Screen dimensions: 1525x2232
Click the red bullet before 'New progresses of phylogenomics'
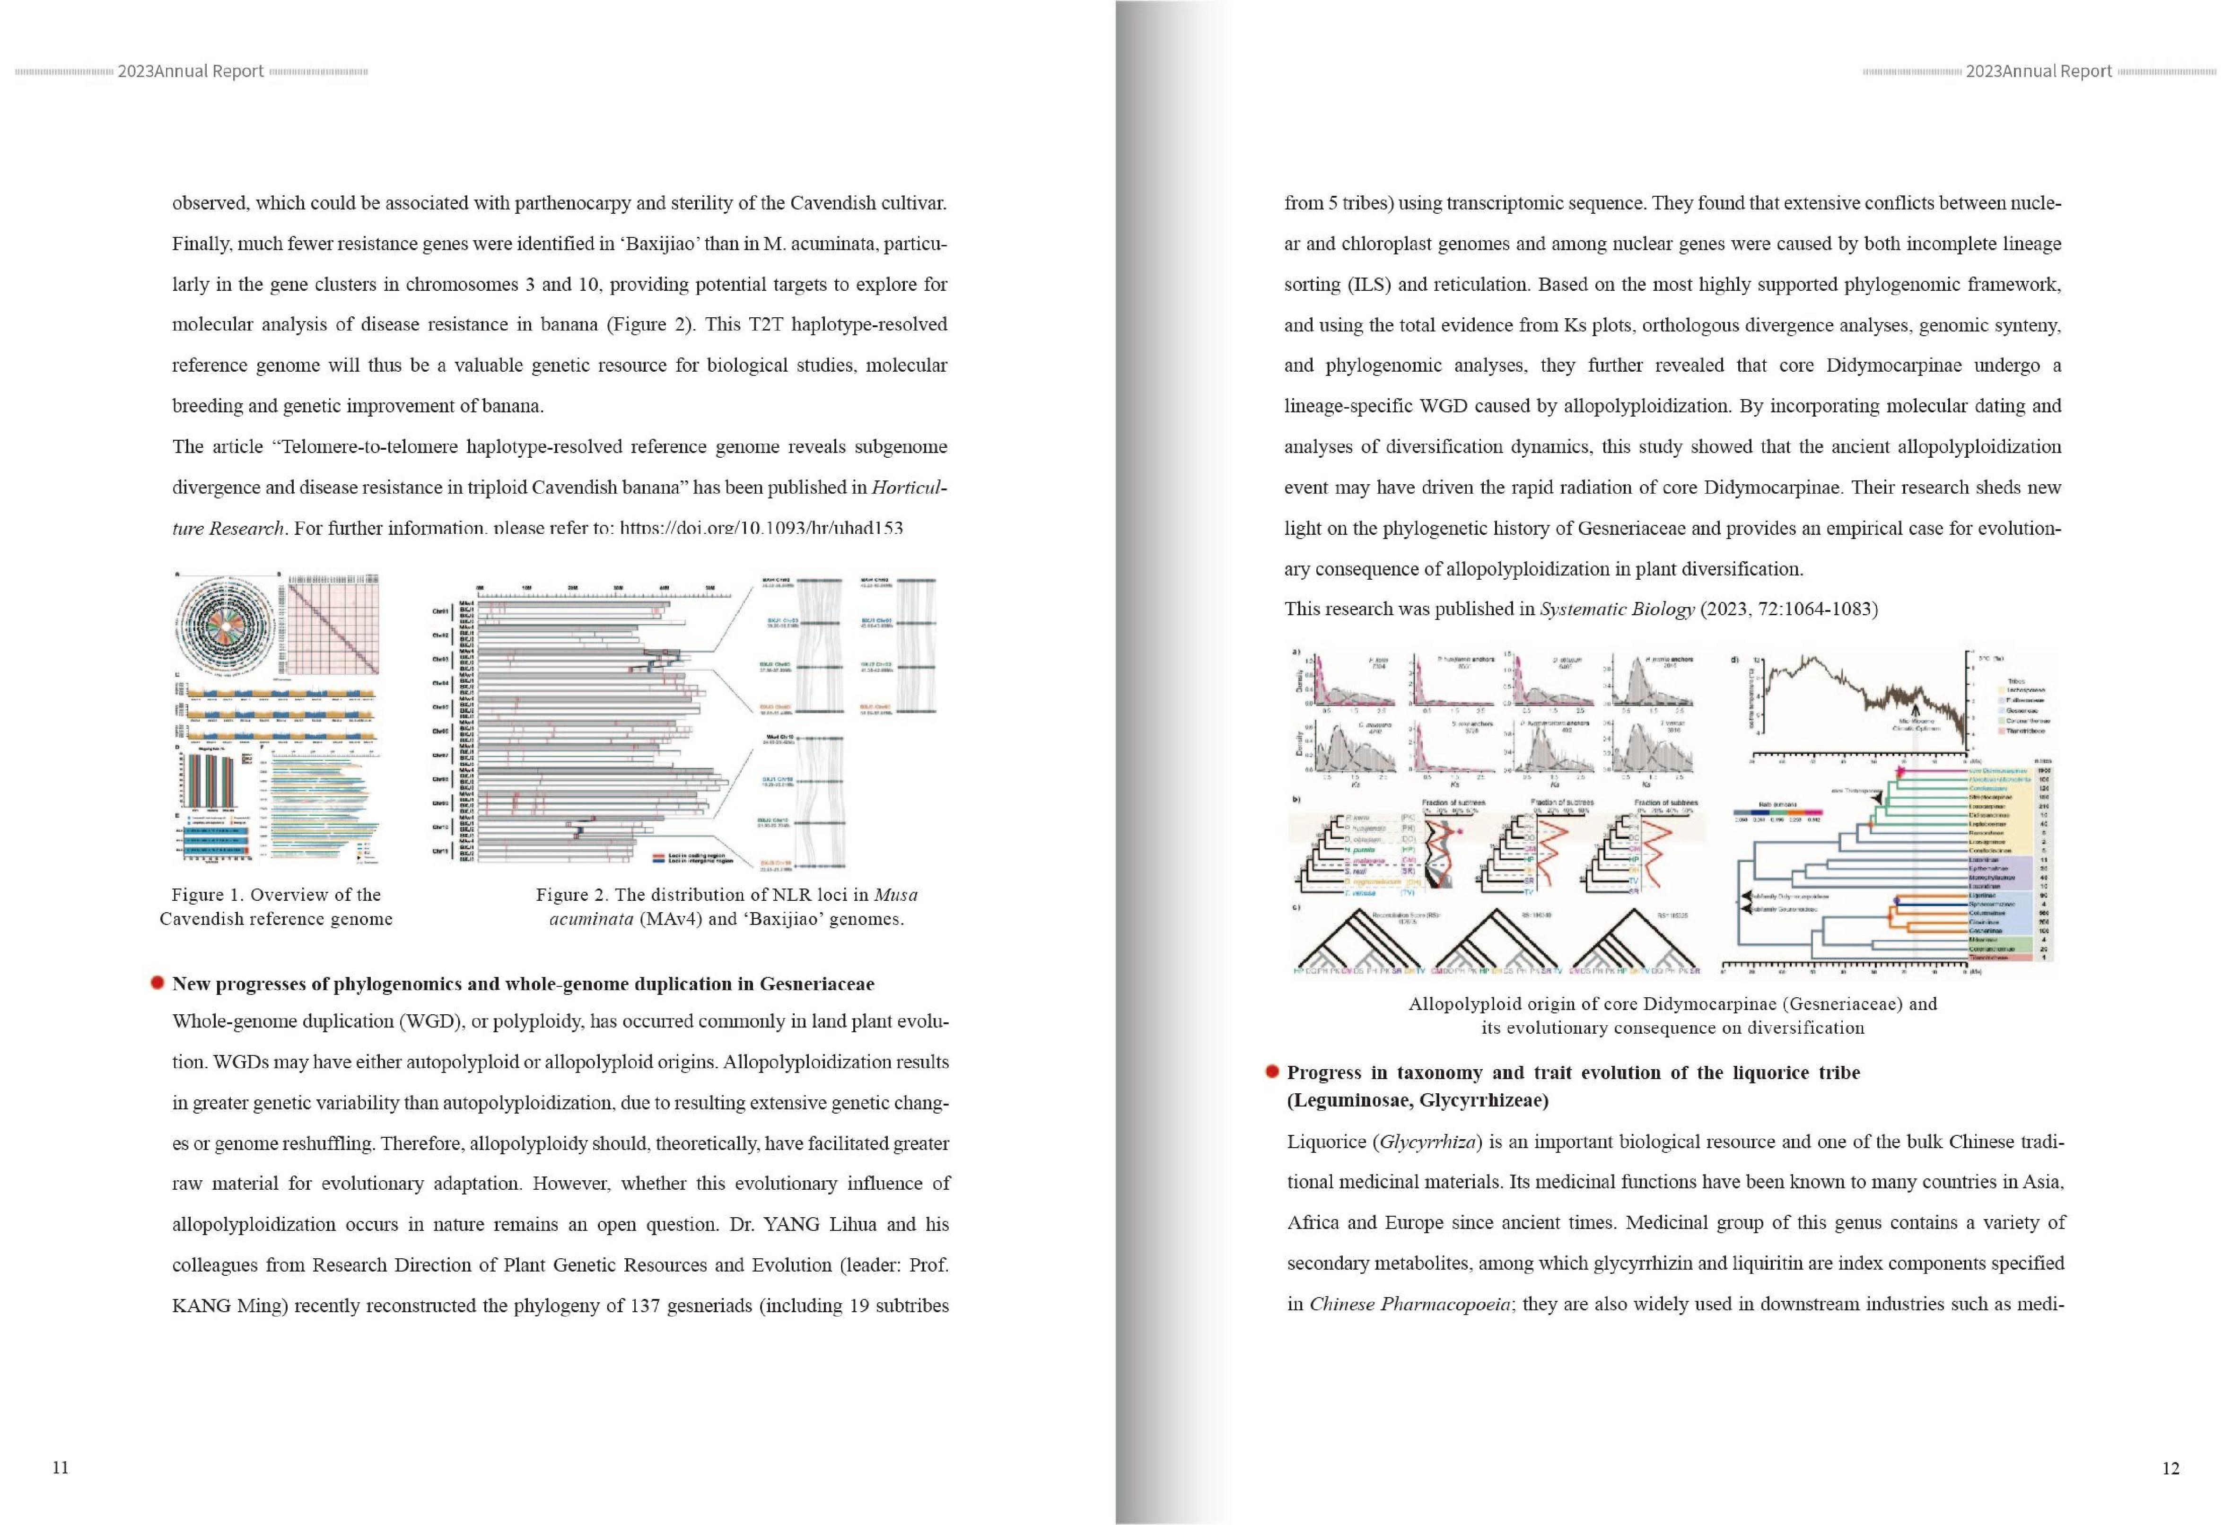tap(158, 983)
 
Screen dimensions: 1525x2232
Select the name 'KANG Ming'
tap(225, 1306)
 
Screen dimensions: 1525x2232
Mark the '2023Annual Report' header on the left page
tap(190, 71)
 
